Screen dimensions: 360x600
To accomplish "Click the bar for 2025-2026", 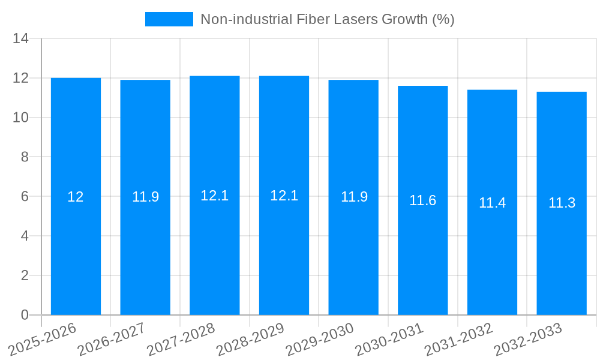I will (x=76, y=252).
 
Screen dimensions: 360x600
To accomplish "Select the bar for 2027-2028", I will (x=214, y=252).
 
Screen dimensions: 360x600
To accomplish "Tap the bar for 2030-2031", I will (x=422, y=252).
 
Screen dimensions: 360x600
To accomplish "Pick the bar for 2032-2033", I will (x=562, y=252).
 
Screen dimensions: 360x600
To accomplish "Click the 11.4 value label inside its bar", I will (x=492, y=203).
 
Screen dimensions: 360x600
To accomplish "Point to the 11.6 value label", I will (x=422, y=200).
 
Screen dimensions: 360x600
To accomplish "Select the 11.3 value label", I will (x=562, y=203).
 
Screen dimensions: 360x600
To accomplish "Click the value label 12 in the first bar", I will (x=76, y=197).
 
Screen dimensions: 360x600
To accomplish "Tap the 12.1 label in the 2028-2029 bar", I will (x=284, y=196).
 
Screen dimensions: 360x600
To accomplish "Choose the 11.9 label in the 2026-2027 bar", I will (x=145, y=197).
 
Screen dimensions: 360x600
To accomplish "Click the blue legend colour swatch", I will (x=169, y=19).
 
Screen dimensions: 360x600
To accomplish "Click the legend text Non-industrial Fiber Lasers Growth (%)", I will (x=327, y=19).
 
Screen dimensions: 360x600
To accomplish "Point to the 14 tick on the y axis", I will (x=21, y=39).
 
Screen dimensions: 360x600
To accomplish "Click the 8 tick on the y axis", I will (x=25, y=157).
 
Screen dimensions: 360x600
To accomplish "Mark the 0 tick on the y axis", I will (x=25, y=315).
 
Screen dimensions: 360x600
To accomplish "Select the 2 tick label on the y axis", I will (x=25, y=275).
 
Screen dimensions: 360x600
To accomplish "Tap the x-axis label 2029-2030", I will (x=320, y=340).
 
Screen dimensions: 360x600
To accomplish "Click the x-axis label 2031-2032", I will (x=459, y=340).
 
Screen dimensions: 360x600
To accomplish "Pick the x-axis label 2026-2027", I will (x=112, y=340).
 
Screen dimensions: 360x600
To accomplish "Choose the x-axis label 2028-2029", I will (x=251, y=340).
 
